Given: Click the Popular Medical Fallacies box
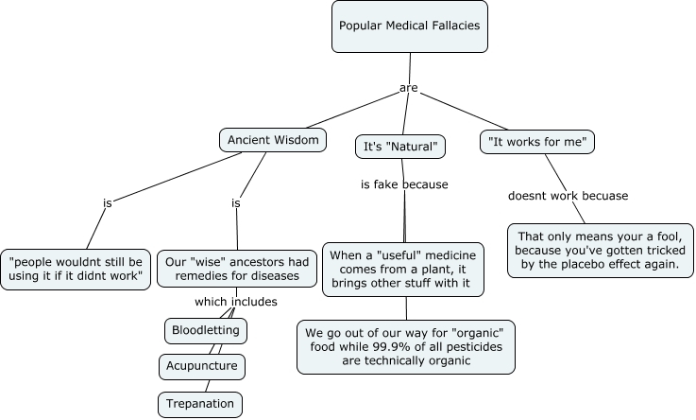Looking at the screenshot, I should (x=409, y=26).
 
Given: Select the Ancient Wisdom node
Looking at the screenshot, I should (x=273, y=140).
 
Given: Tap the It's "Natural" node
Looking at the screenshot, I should (x=400, y=146).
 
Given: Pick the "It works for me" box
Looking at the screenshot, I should (x=537, y=142).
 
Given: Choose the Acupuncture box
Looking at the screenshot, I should (x=202, y=366).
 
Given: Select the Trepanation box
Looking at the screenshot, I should (x=200, y=404).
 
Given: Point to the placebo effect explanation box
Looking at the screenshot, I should (x=602, y=250).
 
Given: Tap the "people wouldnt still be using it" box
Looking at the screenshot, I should (x=76, y=268).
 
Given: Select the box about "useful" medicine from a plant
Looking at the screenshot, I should (x=403, y=270).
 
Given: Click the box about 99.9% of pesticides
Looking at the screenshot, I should (x=407, y=346).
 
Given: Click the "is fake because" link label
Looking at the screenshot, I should (x=404, y=184).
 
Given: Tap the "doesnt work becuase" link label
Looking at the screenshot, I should (x=569, y=196).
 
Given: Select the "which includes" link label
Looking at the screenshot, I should (x=235, y=302).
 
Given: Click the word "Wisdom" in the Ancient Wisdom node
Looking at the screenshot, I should (x=297, y=140).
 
